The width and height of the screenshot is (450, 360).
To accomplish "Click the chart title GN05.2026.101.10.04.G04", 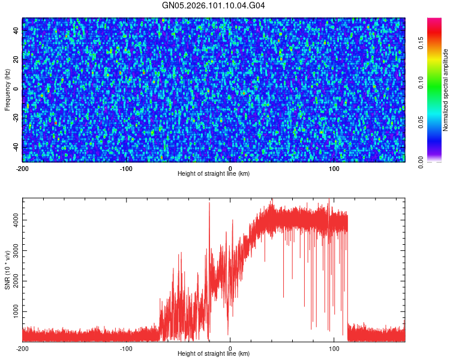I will pyautogui.click(x=214, y=5).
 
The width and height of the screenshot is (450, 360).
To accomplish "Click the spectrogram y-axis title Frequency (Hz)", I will pyautogui.click(x=7, y=90).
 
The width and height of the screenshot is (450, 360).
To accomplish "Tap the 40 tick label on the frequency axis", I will pyautogui.click(x=16, y=31).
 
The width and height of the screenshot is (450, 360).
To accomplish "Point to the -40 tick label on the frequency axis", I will pyautogui.click(x=16, y=146).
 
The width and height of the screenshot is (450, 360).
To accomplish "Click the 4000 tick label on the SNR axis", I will pyautogui.click(x=13, y=220).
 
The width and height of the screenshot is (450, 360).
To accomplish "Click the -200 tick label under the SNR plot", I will pyautogui.click(x=22, y=349).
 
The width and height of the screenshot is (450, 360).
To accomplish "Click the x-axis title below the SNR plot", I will pyautogui.click(x=214, y=354).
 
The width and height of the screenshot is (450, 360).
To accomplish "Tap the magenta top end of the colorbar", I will pyautogui.click(x=435, y=20).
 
